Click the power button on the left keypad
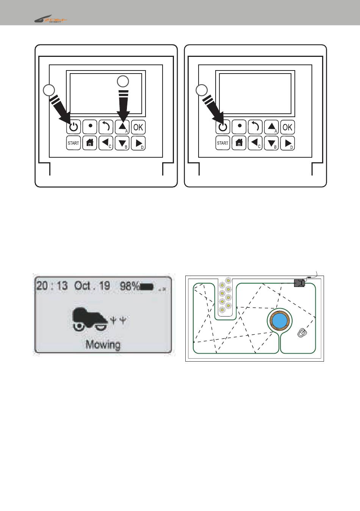(x=74, y=127)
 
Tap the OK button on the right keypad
(x=288, y=127)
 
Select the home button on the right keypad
(x=239, y=143)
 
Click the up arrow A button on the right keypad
(x=271, y=127)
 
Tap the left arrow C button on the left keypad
(x=106, y=143)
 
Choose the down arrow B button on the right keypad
(x=271, y=143)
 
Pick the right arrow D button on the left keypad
(x=138, y=143)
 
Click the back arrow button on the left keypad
(x=106, y=127)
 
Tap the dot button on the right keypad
(x=239, y=127)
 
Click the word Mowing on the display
(x=103, y=344)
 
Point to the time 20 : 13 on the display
(x=52, y=285)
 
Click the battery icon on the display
(x=147, y=287)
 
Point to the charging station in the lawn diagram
(x=300, y=283)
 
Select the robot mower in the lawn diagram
(x=302, y=333)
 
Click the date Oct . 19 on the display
(x=92, y=285)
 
